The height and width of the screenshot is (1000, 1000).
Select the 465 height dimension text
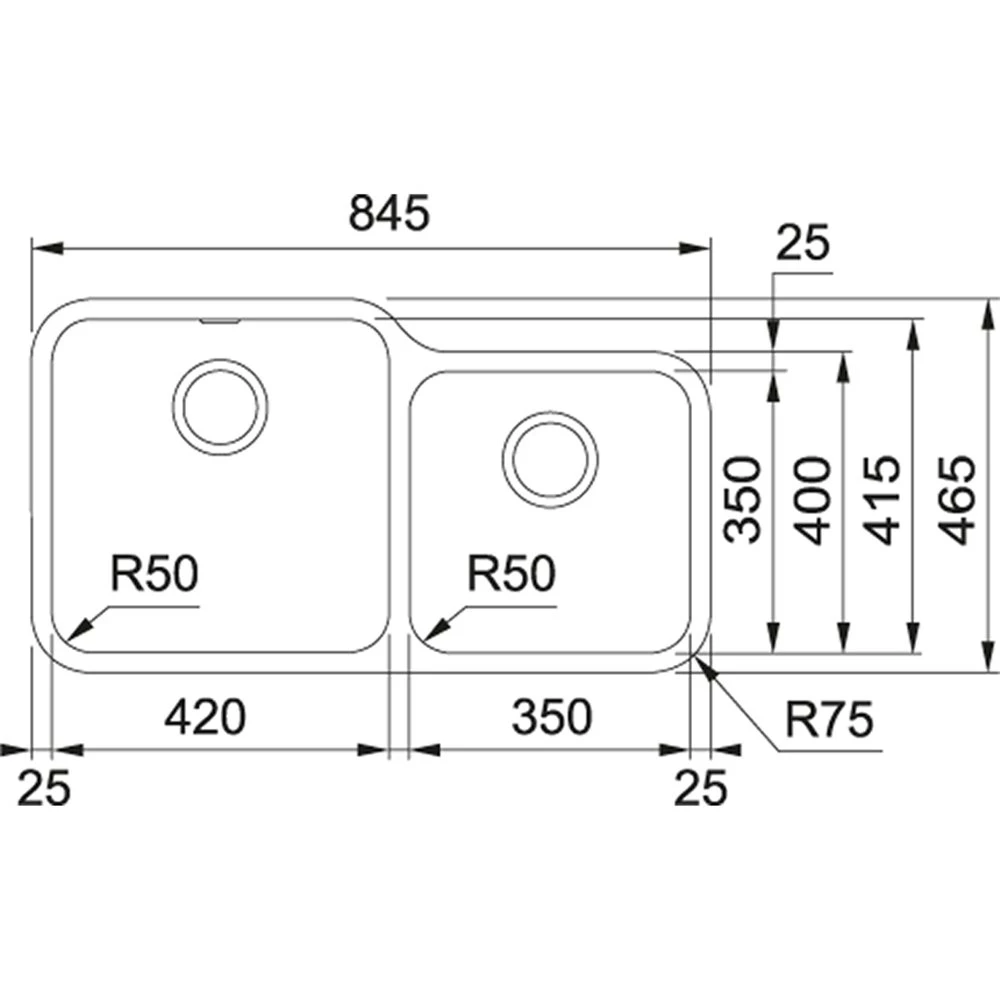[957, 499]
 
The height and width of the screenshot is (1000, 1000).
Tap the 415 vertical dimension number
[884, 499]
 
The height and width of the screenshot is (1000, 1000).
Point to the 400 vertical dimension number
[816, 499]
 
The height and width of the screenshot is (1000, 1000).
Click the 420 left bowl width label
[205, 716]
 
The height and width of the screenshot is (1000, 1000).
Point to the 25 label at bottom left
[46, 789]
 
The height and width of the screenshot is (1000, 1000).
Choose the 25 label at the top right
[805, 243]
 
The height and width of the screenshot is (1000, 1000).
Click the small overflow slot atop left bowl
[219, 322]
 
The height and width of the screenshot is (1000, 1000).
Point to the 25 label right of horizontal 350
[700, 789]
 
